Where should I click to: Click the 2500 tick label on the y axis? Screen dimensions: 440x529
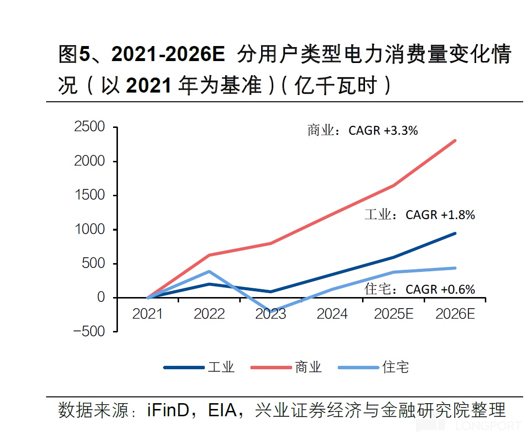pyautogui.click(x=89, y=127)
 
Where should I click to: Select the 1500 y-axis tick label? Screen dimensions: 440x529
pyautogui.click(x=89, y=195)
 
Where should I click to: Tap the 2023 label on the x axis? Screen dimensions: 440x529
pyautogui.click(x=271, y=314)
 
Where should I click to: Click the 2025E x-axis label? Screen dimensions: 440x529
pyautogui.click(x=394, y=314)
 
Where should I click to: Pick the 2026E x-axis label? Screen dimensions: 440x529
pyautogui.click(x=455, y=314)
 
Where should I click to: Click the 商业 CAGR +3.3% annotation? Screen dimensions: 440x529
pyautogui.click(x=363, y=130)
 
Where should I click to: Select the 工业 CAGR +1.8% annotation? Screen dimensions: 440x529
pyautogui.click(x=420, y=215)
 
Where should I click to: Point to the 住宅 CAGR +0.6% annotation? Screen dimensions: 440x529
pyautogui.click(x=420, y=289)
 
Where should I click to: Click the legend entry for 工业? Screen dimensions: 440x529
pyautogui.click(x=199, y=367)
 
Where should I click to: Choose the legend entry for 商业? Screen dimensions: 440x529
pyautogui.click(x=286, y=367)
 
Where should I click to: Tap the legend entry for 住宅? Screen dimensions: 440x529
pyautogui.click(x=374, y=367)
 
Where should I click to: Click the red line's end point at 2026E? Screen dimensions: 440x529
pyautogui.click(x=455, y=141)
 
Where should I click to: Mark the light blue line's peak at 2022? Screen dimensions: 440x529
pyautogui.click(x=209, y=271)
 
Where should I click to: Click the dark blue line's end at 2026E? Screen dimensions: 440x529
pyautogui.click(x=455, y=233)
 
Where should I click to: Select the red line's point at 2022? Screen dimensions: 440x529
pyautogui.click(x=209, y=255)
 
